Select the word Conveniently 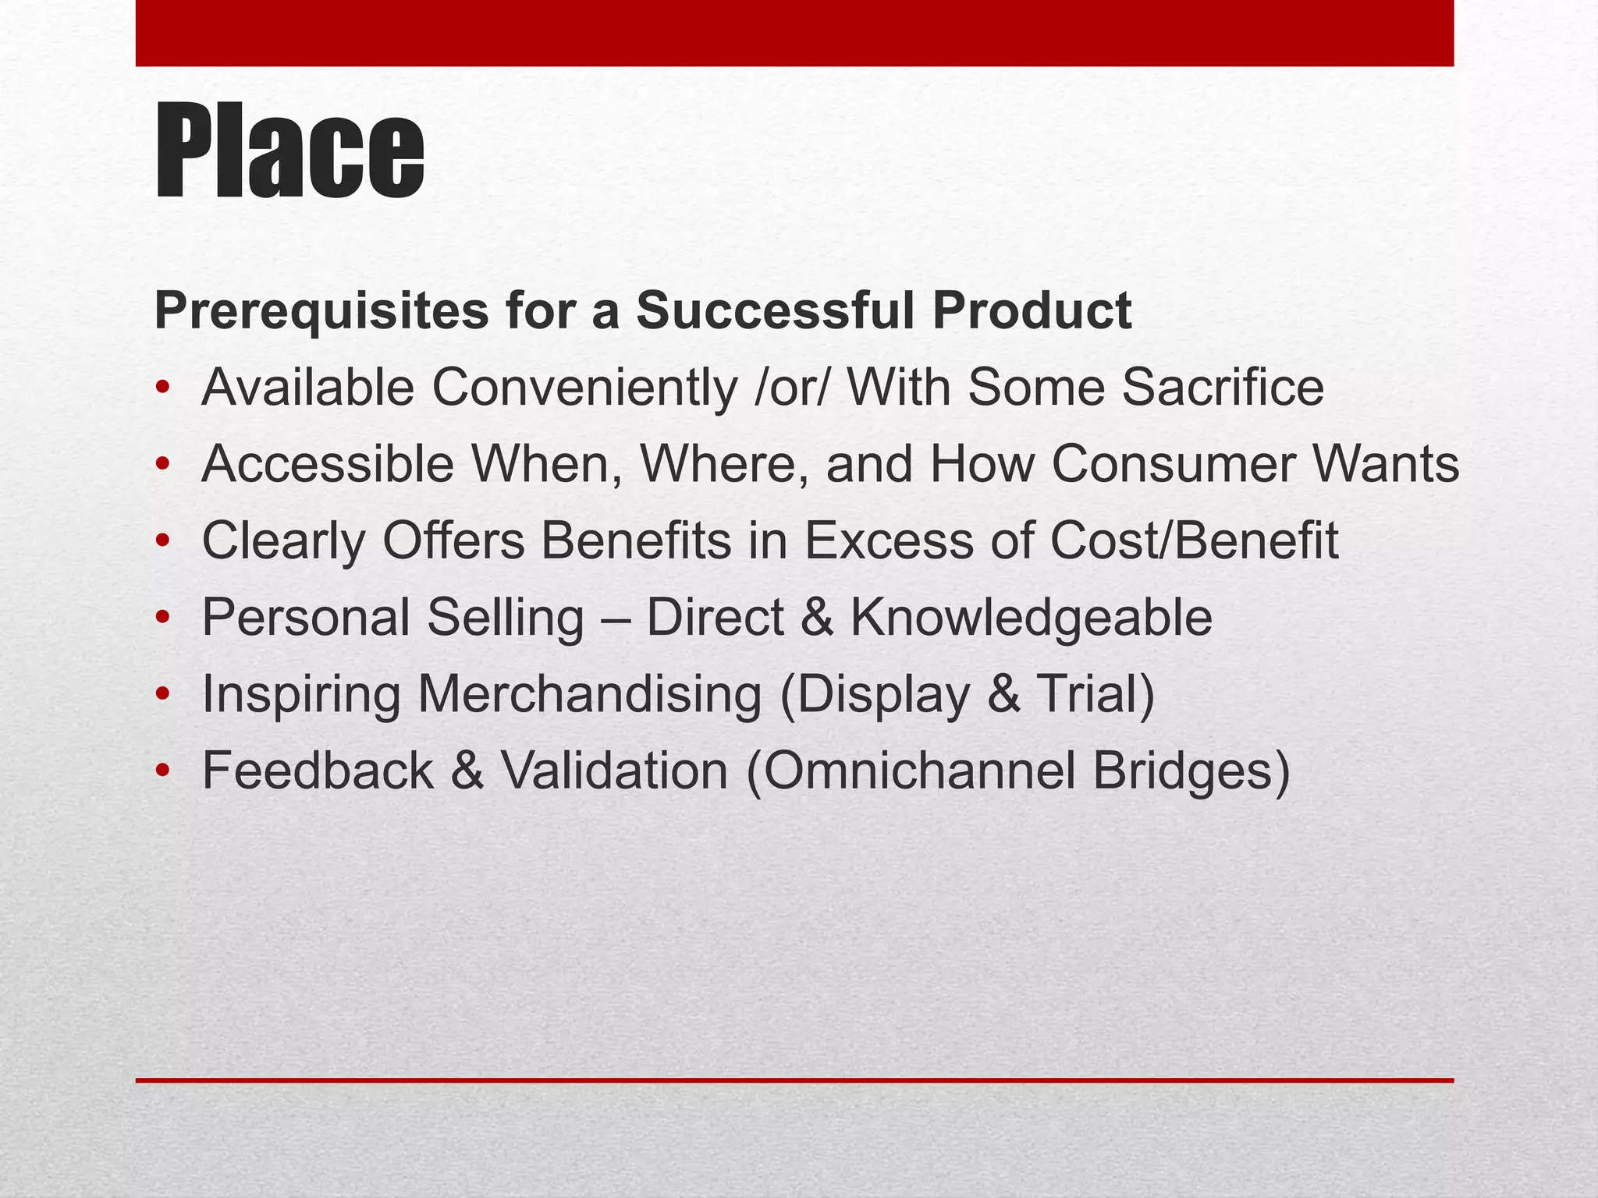(584, 388)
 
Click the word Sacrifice (1223, 388)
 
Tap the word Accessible (328, 464)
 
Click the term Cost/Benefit (1194, 541)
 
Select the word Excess (889, 541)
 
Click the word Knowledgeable (1031, 618)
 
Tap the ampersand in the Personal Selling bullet (816, 618)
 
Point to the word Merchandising (589, 694)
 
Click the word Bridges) (1191, 771)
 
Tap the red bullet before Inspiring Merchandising (162, 694)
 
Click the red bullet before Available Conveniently (162, 388)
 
